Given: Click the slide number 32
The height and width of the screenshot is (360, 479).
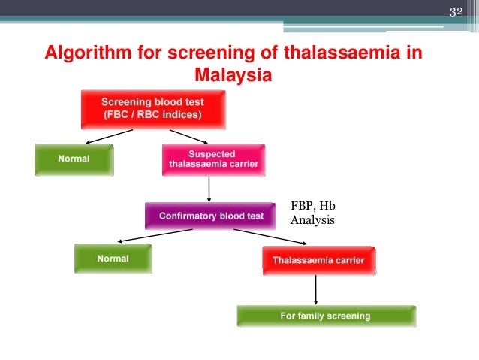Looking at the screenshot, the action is point(456,11).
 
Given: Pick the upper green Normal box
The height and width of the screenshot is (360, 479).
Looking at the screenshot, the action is point(74,159).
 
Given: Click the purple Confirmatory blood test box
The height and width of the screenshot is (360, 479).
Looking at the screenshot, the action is point(212,216).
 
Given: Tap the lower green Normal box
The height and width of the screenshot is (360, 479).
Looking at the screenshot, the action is point(113,259).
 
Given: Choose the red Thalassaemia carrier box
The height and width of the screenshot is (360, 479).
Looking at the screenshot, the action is point(318,260).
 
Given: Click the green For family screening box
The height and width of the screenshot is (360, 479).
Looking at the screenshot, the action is point(326,316).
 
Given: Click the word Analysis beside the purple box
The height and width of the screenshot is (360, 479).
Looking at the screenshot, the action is point(312,221).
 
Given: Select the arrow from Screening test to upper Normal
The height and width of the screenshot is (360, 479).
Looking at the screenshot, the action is point(110,136).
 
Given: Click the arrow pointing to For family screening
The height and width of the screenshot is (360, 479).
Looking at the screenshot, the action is point(316,288).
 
